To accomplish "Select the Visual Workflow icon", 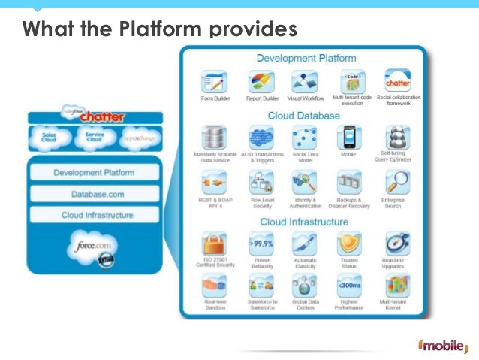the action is (x=306, y=81).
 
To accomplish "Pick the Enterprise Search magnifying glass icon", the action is (x=396, y=183).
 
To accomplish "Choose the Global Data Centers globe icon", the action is (x=306, y=286).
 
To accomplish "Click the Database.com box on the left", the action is (x=94, y=194).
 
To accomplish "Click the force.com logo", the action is (x=94, y=246).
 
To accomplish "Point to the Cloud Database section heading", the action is (x=304, y=116).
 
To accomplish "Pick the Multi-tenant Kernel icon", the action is (x=396, y=286).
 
